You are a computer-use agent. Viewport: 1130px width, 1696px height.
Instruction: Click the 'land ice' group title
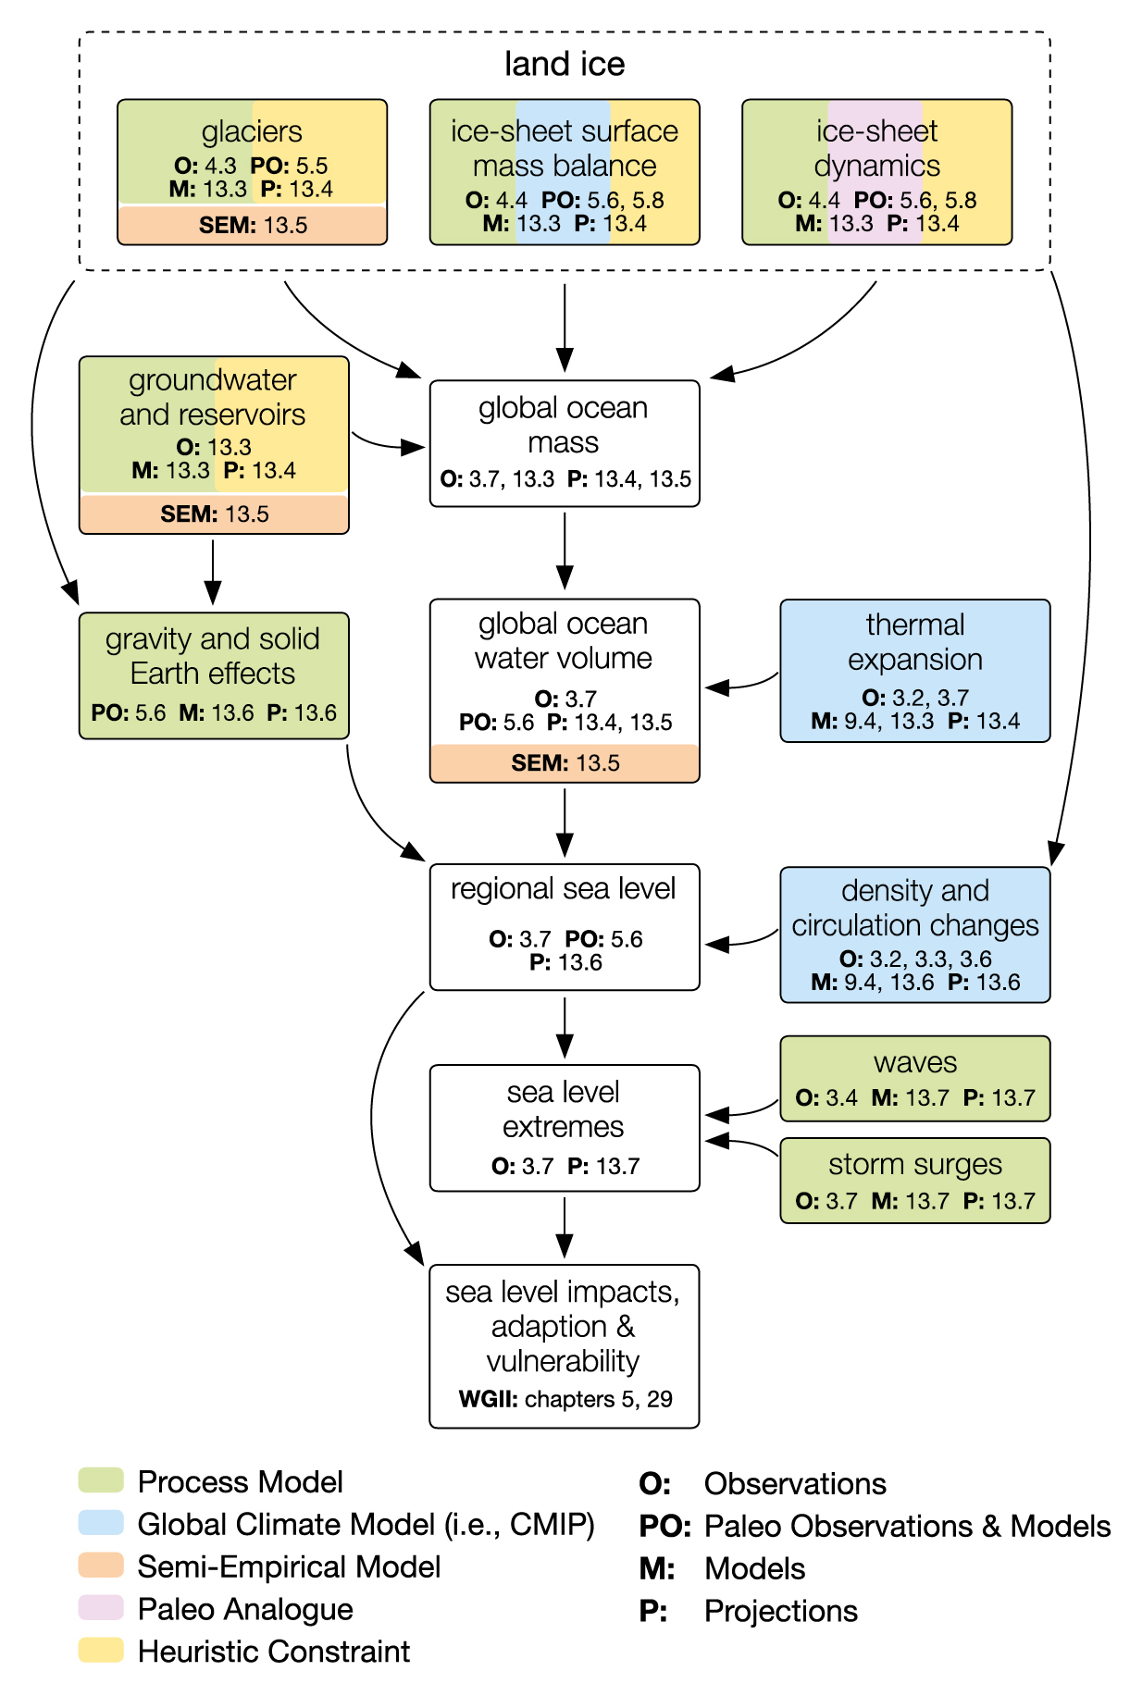click(x=564, y=64)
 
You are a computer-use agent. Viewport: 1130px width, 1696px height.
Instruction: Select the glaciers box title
click(x=252, y=131)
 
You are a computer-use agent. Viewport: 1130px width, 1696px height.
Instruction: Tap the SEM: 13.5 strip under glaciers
click(x=252, y=225)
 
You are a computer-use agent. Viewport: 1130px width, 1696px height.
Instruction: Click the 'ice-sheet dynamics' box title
click(x=876, y=148)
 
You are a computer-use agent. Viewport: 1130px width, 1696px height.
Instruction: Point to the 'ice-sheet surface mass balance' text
click(x=564, y=148)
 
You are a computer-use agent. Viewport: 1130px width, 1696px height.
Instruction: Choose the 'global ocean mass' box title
click(x=563, y=425)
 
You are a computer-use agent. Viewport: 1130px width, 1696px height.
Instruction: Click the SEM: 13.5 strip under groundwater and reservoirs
click(x=214, y=514)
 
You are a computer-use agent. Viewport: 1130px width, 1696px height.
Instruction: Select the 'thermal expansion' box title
click(x=914, y=641)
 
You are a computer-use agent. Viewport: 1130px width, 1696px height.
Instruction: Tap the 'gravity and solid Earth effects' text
click(x=213, y=656)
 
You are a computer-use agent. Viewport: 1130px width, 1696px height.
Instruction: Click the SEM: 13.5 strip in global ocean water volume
click(x=565, y=763)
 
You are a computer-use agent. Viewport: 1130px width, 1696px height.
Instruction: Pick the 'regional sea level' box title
click(x=563, y=888)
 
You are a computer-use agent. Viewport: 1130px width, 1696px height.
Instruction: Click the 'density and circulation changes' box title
click(x=914, y=908)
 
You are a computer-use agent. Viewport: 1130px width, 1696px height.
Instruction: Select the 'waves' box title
click(x=914, y=1062)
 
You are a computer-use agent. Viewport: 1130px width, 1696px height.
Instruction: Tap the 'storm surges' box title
click(x=914, y=1164)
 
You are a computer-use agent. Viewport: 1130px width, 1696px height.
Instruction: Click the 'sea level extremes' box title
click(x=563, y=1109)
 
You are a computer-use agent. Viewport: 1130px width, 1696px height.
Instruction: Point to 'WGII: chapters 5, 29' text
click(x=565, y=1399)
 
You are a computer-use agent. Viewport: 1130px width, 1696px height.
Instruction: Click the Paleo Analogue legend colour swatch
click(x=101, y=1608)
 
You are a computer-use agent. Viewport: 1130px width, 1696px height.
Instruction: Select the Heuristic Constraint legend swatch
click(x=101, y=1651)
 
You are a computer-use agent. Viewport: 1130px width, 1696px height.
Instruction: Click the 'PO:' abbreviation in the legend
click(x=664, y=1527)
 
